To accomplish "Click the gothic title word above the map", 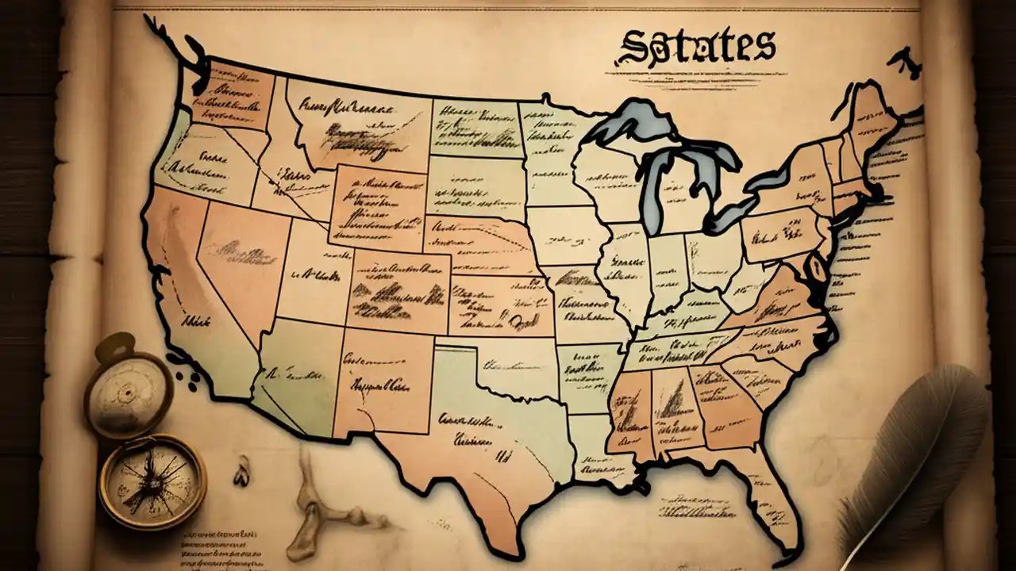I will (x=695, y=47).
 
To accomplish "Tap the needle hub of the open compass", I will (x=150, y=481).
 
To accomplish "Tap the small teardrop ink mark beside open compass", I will (x=241, y=475).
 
